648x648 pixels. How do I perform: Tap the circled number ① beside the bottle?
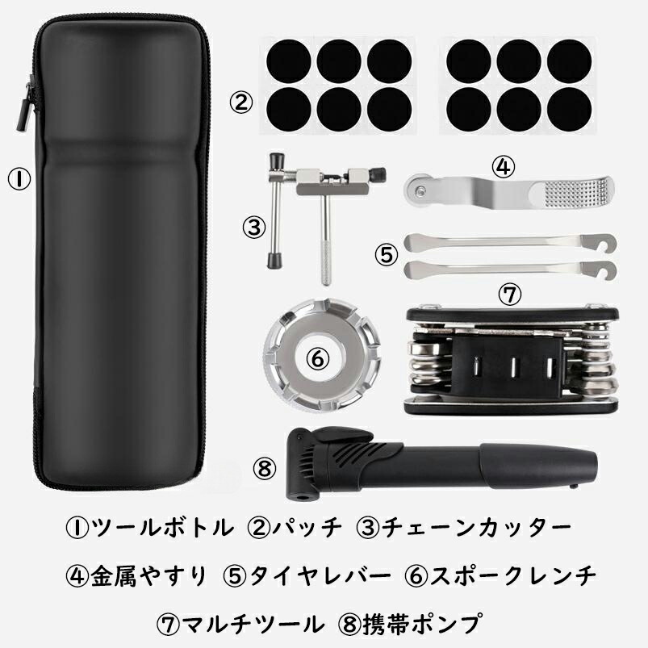[19, 178]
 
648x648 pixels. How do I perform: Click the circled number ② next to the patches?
[240, 103]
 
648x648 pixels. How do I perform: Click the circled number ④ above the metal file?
[503, 167]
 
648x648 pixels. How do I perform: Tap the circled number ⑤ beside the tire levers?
[387, 253]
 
